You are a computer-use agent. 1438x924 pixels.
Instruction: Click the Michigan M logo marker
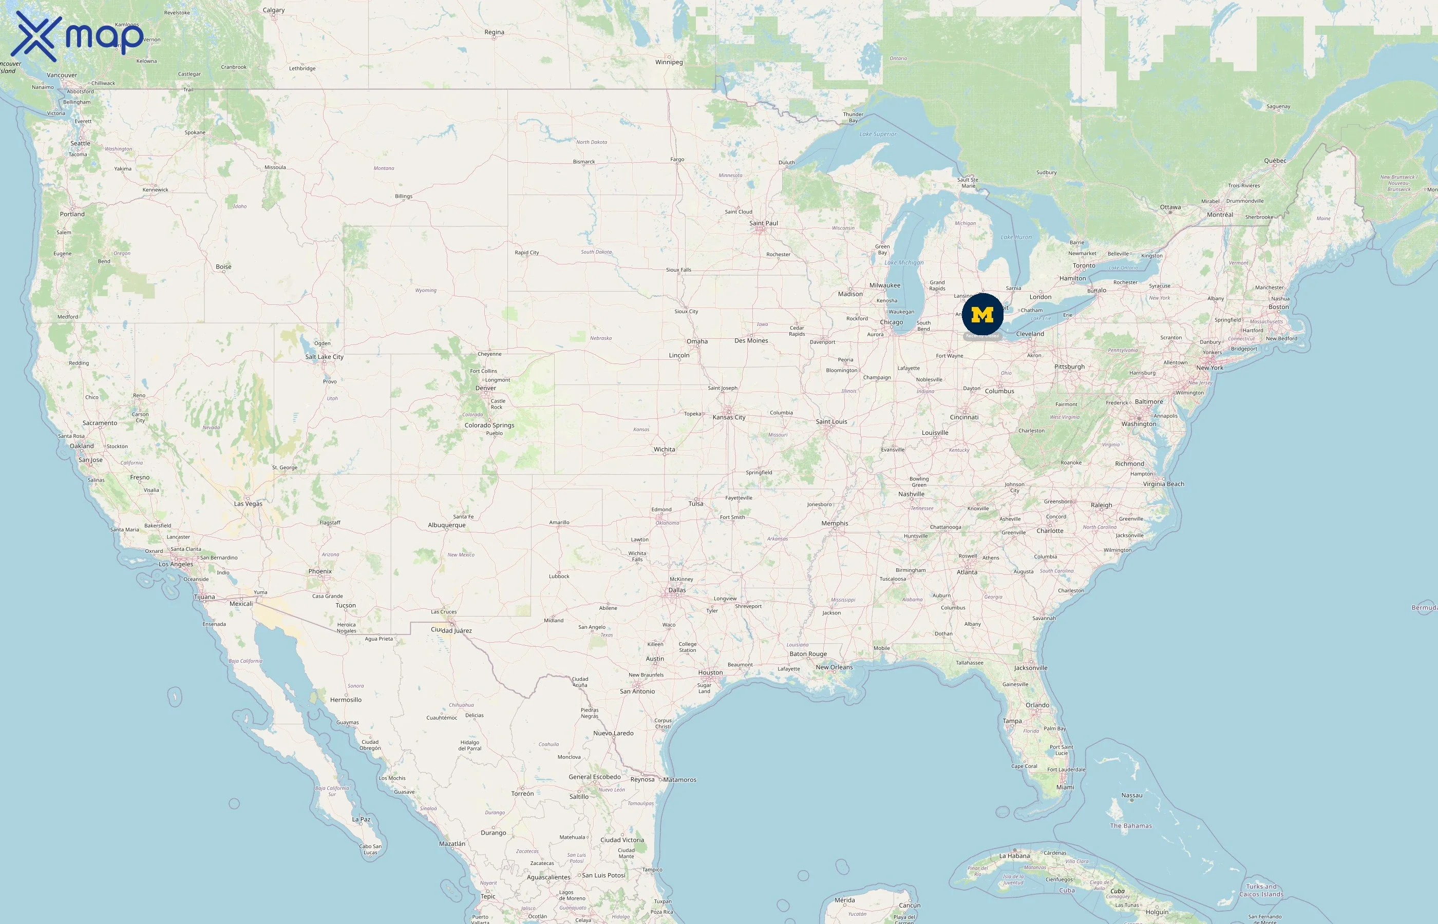tap(982, 314)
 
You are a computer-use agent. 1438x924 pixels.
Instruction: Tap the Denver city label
tap(485, 388)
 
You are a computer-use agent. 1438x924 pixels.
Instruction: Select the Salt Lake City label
tap(324, 357)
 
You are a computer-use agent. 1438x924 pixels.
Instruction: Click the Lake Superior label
tap(878, 134)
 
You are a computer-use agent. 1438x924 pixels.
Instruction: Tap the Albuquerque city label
tap(446, 526)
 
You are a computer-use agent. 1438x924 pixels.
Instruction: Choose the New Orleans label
tap(834, 667)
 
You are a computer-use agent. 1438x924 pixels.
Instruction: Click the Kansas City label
tap(729, 418)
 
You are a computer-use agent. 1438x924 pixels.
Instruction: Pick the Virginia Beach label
tap(1163, 484)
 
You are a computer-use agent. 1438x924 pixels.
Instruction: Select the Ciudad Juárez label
tap(451, 630)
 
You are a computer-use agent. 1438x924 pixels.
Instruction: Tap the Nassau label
tap(1131, 796)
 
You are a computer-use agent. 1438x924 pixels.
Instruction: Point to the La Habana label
tap(1014, 856)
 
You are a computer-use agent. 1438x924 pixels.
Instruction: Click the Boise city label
tap(223, 267)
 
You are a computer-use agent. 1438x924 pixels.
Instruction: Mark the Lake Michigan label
tap(904, 263)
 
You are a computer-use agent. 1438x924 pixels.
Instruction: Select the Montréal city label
tap(1220, 215)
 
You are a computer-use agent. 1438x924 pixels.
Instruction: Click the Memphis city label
tap(834, 524)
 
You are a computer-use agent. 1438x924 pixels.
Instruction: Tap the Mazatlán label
tap(451, 843)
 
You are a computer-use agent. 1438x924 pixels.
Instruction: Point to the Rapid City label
tap(526, 253)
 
